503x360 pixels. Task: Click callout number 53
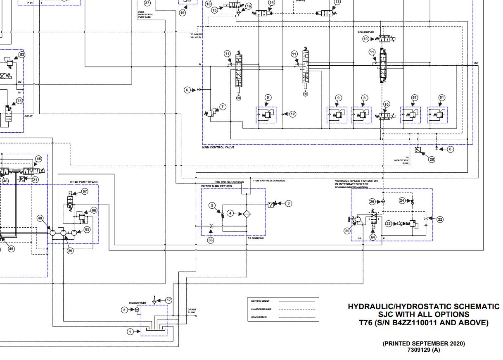tap(22, 55)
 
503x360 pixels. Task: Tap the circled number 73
tap(19, 100)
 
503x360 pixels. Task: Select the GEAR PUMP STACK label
tap(84, 182)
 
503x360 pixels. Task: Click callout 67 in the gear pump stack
tap(85, 191)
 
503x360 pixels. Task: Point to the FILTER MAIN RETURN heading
tap(216, 186)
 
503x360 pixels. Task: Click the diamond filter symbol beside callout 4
tap(246, 213)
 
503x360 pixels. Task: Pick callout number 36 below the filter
tap(211, 240)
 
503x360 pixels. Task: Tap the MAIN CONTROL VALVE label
tap(218, 148)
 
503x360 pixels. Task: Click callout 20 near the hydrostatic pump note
tap(432, 160)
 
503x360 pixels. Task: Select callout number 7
tap(223, 107)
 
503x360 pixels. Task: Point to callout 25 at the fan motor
tap(347, 231)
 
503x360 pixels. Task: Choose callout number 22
tap(440, 219)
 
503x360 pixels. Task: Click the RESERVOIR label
tap(138, 303)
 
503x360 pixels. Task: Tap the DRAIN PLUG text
tap(191, 311)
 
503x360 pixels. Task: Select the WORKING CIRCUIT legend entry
tap(260, 301)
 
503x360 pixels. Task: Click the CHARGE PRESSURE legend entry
tap(261, 309)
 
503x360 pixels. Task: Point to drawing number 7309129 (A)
tap(424, 350)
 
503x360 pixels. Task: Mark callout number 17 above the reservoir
tap(168, 300)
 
